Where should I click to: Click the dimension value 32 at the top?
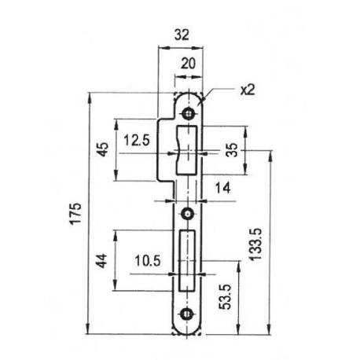(182, 35)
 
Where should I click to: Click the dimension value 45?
(103, 149)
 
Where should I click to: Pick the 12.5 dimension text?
(137, 141)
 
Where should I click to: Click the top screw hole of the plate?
(188, 111)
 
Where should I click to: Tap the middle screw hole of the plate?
(188, 213)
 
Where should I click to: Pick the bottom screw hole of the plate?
(188, 314)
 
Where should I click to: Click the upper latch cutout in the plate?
(189, 149)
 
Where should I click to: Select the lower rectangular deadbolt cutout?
(188, 260)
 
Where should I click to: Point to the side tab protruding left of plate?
(167, 149)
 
